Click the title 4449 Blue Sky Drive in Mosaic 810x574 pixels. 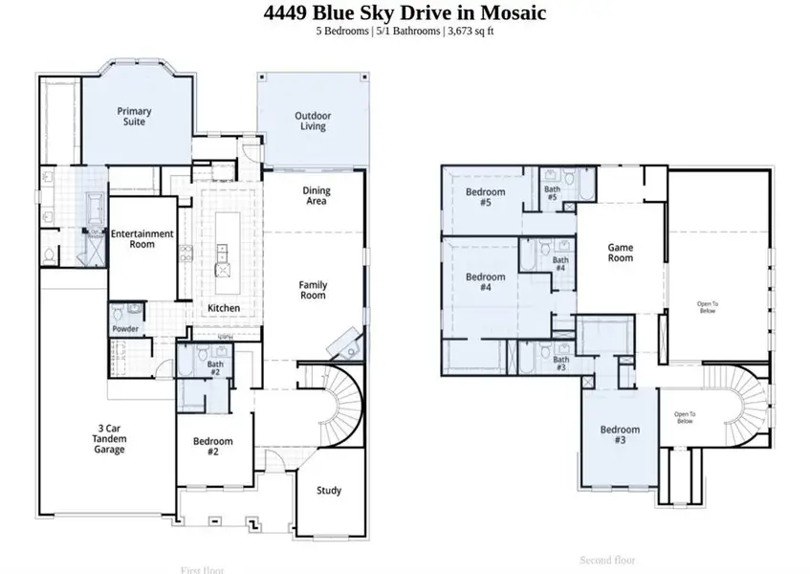[x=405, y=12]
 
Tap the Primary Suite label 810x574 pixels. [x=135, y=117]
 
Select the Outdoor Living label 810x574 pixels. [x=313, y=121]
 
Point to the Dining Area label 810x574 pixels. [x=317, y=195]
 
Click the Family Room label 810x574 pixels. [x=313, y=290]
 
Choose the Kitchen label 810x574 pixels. [x=225, y=308]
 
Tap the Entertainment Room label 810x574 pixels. [x=142, y=238]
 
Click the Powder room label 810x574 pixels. [x=125, y=329]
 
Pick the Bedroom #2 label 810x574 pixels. [x=212, y=447]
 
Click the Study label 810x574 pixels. [x=329, y=491]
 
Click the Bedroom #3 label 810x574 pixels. [x=620, y=435]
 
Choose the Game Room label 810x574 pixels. [x=621, y=253]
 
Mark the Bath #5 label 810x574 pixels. [x=552, y=192]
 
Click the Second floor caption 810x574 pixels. [x=608, y=560]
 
